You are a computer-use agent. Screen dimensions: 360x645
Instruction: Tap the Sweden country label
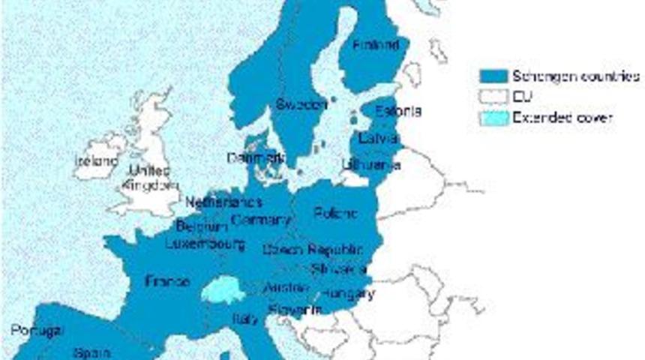point(301,104)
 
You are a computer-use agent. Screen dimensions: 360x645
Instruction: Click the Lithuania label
point(370,164)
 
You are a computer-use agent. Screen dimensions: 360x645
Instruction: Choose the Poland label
point(336,213)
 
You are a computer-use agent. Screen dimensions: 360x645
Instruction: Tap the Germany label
point(261,220)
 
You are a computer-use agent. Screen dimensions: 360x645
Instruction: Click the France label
point(166,282)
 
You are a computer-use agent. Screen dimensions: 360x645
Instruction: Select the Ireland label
point(95,160)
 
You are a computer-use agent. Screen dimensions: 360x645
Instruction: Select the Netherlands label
point(223,202)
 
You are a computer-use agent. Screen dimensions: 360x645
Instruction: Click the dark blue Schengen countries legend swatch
point(493,76)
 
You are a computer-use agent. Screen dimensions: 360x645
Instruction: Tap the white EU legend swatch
point(493,97)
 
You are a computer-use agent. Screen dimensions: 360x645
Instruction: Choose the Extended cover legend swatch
point(493,118)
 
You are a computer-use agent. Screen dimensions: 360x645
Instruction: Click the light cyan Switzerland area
point(223,289)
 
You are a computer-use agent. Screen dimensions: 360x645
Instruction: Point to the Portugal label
point(37,331)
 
